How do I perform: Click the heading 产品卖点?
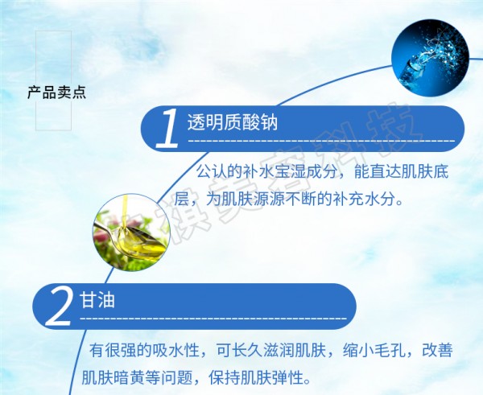click(56, 93)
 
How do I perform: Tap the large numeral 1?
click(167, 129)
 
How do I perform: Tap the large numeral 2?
click(59, 308)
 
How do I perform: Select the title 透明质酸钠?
click(233, 122)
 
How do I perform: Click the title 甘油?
click(97, 299)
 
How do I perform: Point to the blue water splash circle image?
click(430, 58)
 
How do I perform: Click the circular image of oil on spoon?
click(131, 232)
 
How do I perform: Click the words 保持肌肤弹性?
click(255, 377)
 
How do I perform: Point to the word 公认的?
click(220, 172)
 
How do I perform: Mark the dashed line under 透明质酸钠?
click(321, 141)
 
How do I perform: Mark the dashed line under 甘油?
click(213, 318)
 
